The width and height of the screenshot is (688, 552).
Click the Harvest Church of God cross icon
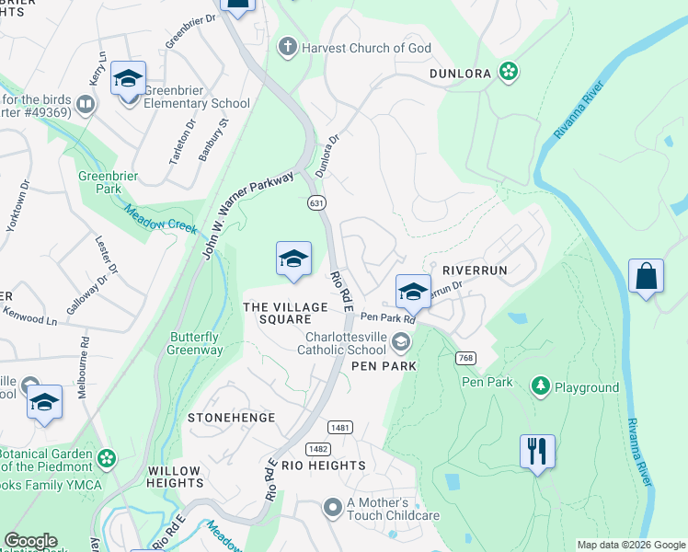288,48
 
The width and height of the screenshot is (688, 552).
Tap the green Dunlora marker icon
507,72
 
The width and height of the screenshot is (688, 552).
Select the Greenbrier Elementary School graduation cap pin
128,78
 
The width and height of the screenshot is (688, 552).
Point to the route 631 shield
315,201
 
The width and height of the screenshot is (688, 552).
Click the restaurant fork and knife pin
537,451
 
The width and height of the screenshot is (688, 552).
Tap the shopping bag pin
646,276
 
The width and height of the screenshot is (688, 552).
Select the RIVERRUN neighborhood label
475,270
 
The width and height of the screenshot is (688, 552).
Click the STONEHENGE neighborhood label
231,418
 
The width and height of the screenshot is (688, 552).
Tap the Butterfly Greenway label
195,343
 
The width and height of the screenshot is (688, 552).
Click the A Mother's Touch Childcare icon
333,508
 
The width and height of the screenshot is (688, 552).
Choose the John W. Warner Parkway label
248,213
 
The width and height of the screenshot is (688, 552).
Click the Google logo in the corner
30,542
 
